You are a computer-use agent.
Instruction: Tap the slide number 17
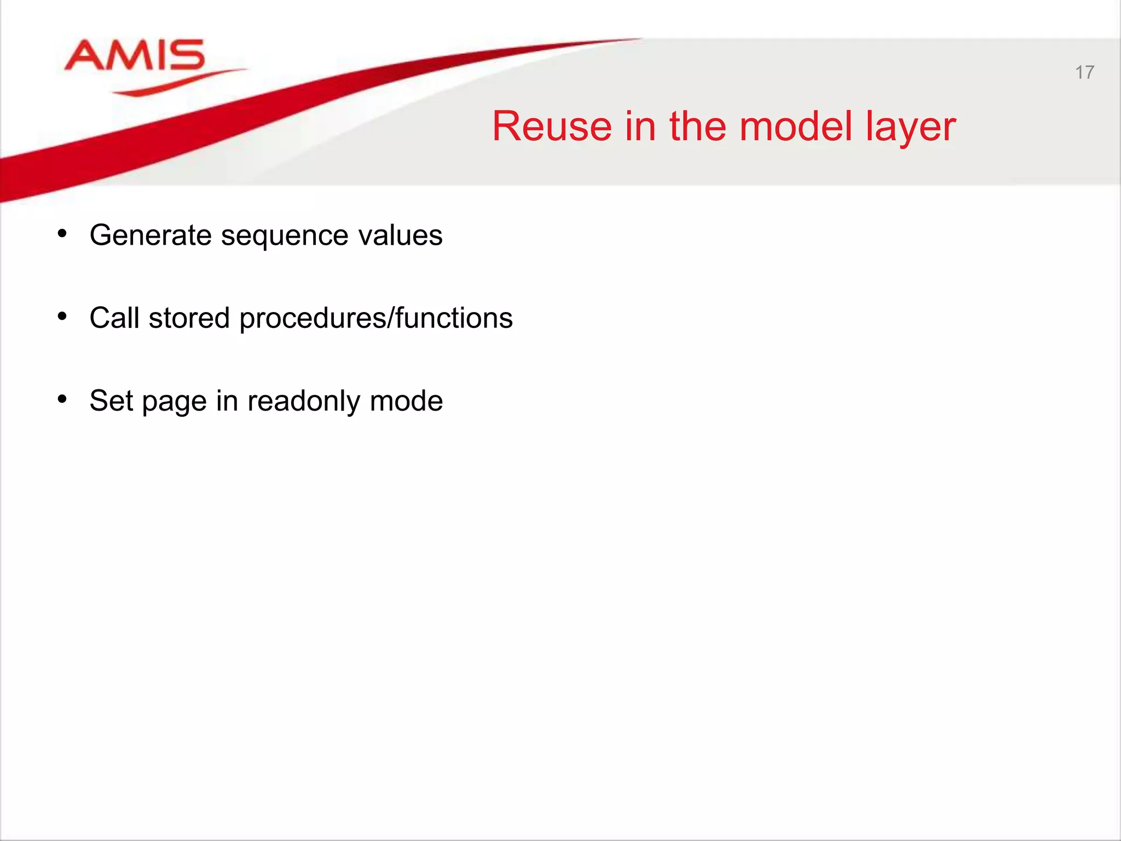tap(1084, 72)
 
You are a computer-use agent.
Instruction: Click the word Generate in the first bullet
tap(151, 235)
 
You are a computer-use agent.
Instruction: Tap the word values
tap(400, 235)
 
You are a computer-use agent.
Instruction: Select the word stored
tap(189, 318)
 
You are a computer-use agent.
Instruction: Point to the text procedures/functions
tap(376, 319)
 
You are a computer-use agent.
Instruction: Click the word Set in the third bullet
tap(111, 400)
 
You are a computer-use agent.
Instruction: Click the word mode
tap(406, 401)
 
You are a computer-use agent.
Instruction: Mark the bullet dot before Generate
tap(62, 234)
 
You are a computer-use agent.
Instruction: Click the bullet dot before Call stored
tap(62, 316)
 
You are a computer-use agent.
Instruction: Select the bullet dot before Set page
tap(62, 399)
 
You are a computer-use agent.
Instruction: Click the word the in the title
tap(697, 126)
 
